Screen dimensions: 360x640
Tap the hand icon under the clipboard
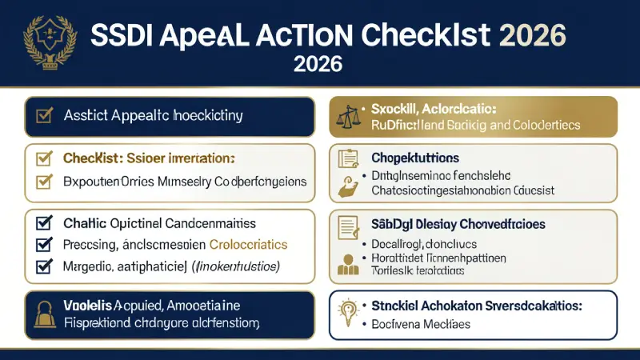click(x=348, y=184)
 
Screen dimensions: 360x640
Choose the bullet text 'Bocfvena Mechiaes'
click(x=422, y=325)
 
